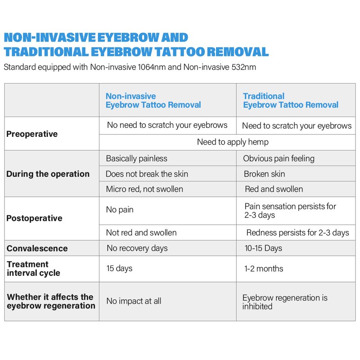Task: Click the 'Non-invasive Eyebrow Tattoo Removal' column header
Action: click(x=153, y=100)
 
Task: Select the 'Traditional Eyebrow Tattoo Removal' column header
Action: click(x=290, y=100)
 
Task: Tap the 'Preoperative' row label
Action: click(x=32, y=134)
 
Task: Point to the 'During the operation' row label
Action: click(x=48, y=174)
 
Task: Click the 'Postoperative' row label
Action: click(x=34, y=218)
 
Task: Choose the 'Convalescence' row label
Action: click(x=37, y=248)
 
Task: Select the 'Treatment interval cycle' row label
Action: click(x=33, y=269)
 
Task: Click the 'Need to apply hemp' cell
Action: click(x=233, y=142)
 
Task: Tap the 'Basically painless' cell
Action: click(x=136, y=158)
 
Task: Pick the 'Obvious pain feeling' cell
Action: click(x=279, y=158)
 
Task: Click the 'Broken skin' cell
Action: click(x=264, y=174)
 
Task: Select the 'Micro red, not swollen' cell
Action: click(x=144, y=189)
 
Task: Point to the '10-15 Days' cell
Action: click(x=263, y=248)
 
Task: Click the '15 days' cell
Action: click(x=119, y=269)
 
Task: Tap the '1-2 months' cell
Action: click(x=264, y=269)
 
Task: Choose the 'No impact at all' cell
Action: click(x=134, y=301)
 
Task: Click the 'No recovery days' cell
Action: click(x=137, y=248)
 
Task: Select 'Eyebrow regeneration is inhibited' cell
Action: click(x=284, y=302)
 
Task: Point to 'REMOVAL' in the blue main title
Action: click(x=234, y=51)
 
